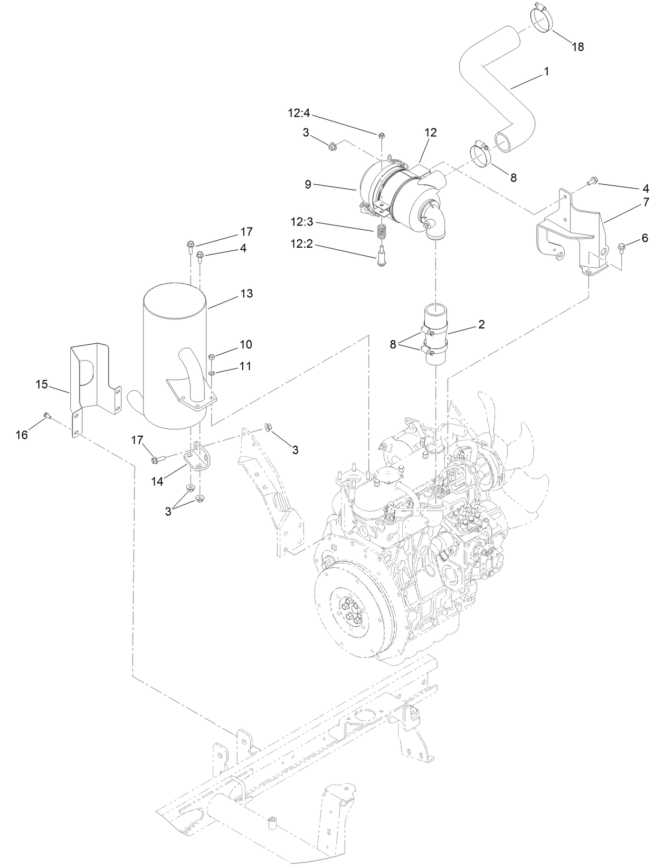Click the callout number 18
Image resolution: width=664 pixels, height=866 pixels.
coord(578,46)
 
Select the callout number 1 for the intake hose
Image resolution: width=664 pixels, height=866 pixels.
coord(547,71)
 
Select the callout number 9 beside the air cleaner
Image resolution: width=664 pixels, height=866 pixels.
coord(308,184)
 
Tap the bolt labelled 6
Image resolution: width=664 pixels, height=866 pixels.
coord(621,246)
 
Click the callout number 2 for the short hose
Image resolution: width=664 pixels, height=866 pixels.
coord(481,324)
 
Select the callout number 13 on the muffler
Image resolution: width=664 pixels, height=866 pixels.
coord(246,294)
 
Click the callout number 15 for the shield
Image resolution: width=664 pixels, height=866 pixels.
coord(41,384)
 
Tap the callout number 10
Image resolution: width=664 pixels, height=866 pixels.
coord(246,344)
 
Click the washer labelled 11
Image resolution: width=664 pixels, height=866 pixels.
coord(212,373)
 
